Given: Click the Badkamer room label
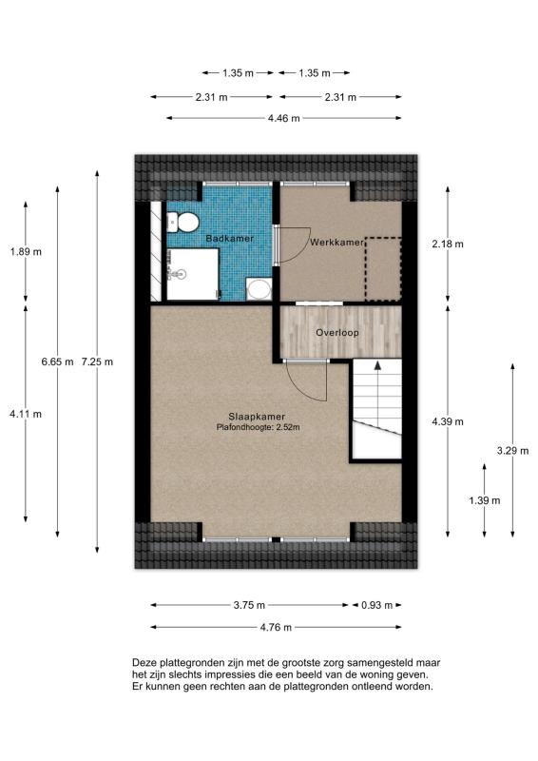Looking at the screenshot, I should (x=229, y=238).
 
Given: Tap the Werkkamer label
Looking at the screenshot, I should (x=336, y=244).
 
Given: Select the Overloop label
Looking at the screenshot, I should (x=336, y=333).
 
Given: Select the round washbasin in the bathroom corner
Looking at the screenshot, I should (x=258, y=288).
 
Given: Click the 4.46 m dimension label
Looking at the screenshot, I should (x=282, y=118).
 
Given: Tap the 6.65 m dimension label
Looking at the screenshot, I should (x=58, y=361).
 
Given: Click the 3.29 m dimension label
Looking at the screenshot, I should (x=512, y=452).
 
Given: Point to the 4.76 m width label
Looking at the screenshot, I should (x=275, y=628).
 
